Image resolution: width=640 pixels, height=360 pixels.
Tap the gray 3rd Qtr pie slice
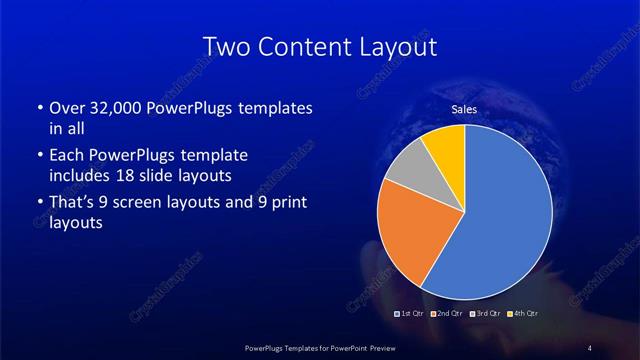click(409, 169)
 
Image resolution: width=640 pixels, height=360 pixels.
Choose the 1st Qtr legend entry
click(412, 315)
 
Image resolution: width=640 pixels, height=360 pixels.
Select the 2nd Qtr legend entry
click(447, 315)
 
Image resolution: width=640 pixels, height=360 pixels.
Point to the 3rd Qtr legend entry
click(483, 315)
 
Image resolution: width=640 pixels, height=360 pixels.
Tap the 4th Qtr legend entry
click(519, 315)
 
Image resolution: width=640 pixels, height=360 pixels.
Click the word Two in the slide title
click(225, 47)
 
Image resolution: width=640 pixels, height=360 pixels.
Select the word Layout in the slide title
click(397, 47)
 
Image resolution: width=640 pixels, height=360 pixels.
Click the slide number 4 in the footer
click(590, 346)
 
